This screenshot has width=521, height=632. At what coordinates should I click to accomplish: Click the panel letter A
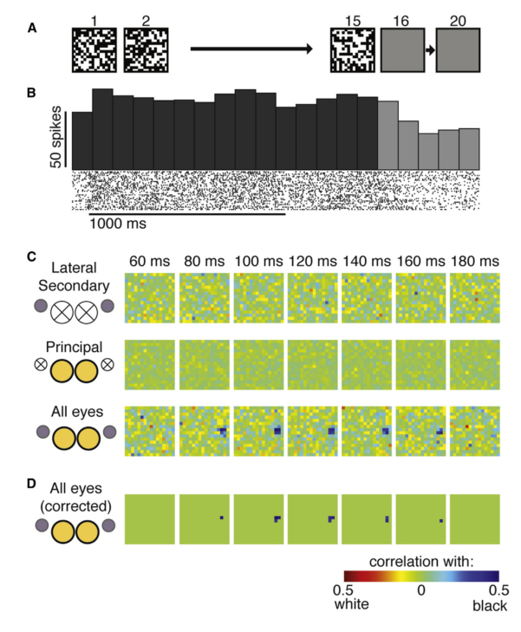tap(31, 28)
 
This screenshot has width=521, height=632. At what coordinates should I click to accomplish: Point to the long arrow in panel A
tap(251, 50)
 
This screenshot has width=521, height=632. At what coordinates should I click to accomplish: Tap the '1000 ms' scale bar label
tap(117, 224)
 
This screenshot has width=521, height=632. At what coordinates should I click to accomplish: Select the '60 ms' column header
tap(150, 260)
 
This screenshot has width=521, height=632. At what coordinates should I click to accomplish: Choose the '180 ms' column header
tap(474, 260)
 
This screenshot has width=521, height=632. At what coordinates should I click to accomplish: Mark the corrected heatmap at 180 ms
tap(474, 518)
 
